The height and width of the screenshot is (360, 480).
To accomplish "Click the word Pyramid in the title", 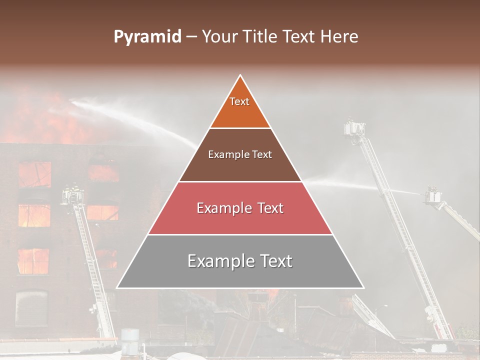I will tap(147, 37).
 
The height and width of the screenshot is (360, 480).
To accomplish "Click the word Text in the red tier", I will tap(267, 208).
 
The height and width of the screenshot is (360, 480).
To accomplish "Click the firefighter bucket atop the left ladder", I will tap(72, 195).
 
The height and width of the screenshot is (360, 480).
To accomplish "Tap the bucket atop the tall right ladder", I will tap(354, 128).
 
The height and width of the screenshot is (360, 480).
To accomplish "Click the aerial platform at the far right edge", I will tap(433, 196).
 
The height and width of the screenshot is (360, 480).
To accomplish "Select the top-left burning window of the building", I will tap(35, 174).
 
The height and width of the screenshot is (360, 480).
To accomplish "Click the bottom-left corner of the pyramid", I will tap(117, 287).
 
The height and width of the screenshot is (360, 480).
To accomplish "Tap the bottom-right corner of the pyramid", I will tap(363, 287).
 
